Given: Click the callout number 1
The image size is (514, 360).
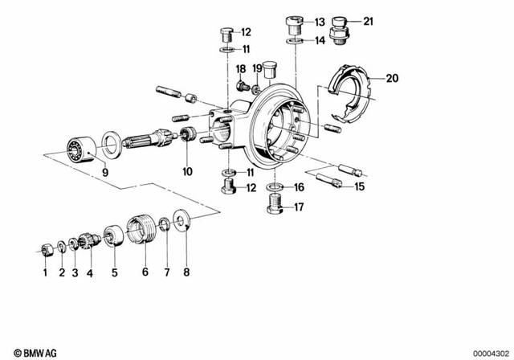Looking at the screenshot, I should pyautogui.click(x=46, y=272).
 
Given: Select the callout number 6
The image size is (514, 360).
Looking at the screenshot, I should pyautogui.click(x=145, y=272).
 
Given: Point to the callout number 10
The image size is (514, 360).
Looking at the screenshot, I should pyautogui.click(x=188, y=171).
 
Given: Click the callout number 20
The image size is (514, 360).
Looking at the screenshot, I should pyautogui.click(x=391, y=78).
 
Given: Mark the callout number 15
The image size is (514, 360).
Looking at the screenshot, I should pyautogui.click(x=359, y=186).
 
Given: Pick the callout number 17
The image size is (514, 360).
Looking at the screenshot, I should pyautogui.click(x=300, y=207).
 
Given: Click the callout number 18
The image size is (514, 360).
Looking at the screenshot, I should pyautogui.click(x=239, y=70).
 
